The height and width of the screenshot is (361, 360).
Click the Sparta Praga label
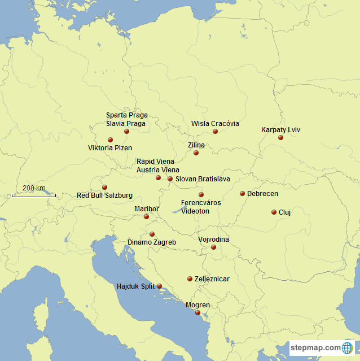pos(127,115)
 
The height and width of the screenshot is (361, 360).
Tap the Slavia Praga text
pos(126,123)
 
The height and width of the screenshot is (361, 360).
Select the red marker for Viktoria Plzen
pos(111,140)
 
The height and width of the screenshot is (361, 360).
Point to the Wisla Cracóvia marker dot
pos(215,132)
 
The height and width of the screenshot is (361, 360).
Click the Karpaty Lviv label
pos(280,130)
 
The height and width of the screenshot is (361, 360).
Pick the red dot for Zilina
pos(196,153)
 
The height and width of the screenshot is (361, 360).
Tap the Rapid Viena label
pos(155,162)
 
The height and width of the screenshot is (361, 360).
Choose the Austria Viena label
pos(157,169)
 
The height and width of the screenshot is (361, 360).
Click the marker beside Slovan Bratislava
pos(170,179)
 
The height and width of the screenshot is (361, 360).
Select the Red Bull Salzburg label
pos(105,195)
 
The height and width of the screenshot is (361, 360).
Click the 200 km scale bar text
pos(34,188)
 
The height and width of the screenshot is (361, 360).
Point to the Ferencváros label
pos(201,202)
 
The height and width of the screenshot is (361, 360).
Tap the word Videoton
pos(195,211)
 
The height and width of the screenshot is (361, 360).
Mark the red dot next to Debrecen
pos(243,193)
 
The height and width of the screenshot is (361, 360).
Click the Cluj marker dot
pos(274,212)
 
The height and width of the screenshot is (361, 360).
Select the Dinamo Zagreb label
pos(151,242)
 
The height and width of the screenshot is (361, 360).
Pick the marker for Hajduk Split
pos(159,286)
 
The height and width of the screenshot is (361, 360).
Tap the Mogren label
pos(197,306)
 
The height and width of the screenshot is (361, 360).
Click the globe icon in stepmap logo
pos(348,347)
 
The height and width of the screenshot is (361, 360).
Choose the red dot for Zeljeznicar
pos(190,279)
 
